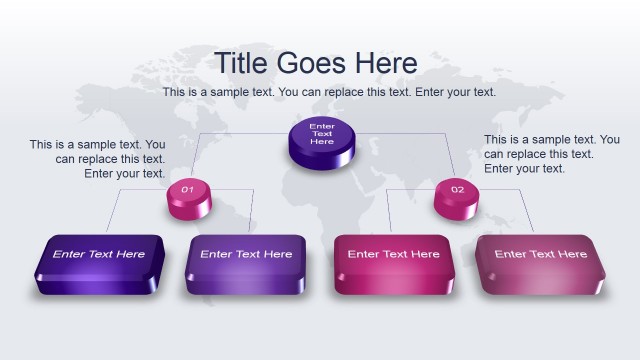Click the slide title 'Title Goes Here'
316,62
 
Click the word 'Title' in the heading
241,62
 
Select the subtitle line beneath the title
329,92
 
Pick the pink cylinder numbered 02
457,196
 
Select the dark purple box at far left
99,266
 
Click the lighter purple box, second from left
246,266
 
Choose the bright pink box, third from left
393,266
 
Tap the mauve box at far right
541,266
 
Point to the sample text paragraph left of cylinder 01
98,159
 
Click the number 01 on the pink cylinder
187,189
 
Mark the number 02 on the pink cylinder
457,189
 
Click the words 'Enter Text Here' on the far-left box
99,254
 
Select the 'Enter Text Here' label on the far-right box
541,254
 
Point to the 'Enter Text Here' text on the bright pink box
393,254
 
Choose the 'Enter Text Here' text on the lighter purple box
246,254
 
